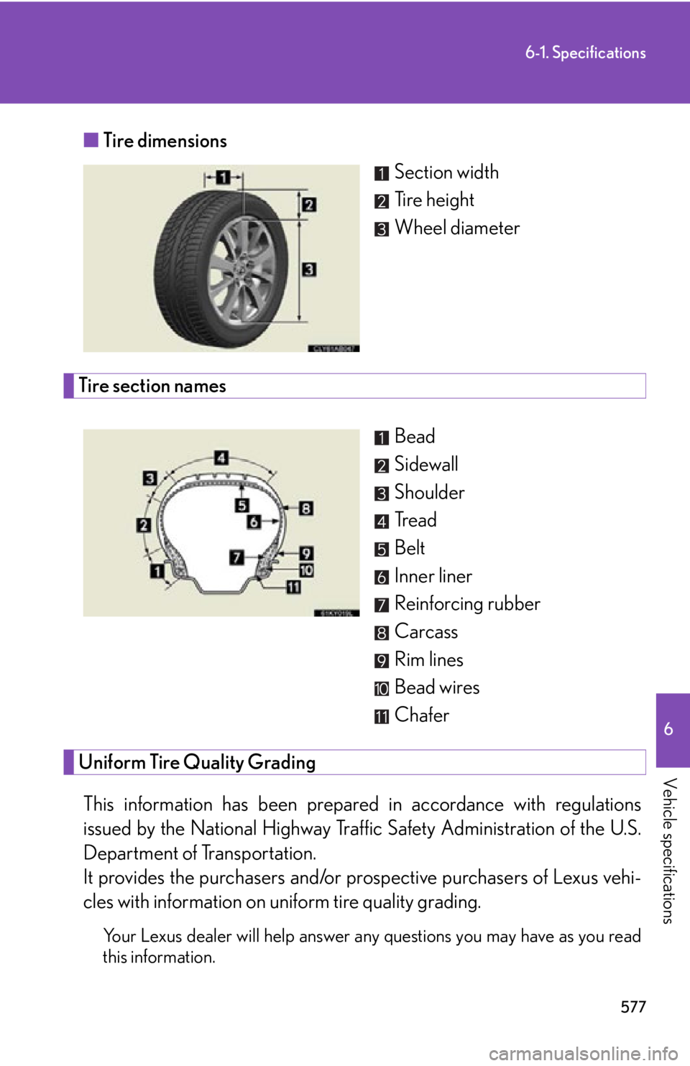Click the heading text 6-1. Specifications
pos(585,53)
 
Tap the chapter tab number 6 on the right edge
pos(668,729)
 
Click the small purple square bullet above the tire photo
pos(91,140)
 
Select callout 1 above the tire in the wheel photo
pos(223,177)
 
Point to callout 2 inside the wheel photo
pos(309,205)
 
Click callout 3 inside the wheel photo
pos(309,269)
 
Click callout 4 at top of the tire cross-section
pos(221,457)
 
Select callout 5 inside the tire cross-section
pos(242,506)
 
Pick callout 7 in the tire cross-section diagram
pos(236,557)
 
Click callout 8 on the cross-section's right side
pos(306,509)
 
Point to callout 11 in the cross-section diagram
pos(294,588)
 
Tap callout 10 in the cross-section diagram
pos(306,570)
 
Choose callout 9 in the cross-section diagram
pos(306,553)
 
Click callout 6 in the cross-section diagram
pos(254,522)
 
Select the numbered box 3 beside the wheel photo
pos(382,229)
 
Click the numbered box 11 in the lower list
pos(382,717)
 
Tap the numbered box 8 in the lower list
pos(382,633)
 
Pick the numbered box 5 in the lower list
pos(382,550)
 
